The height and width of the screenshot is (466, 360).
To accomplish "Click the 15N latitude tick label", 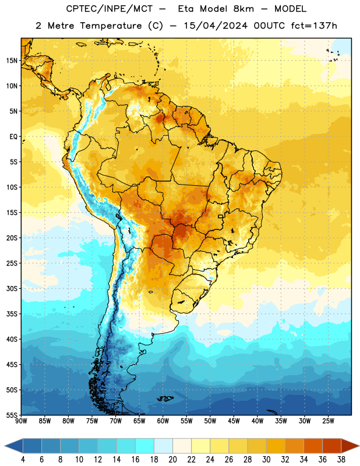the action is tap(12, 61).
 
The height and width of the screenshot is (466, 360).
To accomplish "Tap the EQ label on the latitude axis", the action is tap(13, 137).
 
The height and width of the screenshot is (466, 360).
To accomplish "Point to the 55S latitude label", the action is tap(12, 415).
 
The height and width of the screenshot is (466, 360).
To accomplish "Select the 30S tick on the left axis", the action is tap(12, 288).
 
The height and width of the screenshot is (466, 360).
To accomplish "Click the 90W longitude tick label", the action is tap(21, 421).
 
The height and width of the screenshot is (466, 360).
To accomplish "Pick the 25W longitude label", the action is tap(328, 421).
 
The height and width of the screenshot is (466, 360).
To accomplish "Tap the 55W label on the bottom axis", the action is tap(186, 421).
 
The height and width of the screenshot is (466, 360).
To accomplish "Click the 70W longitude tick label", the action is tap(116, 421).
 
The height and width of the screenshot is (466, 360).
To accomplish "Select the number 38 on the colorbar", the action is tap(341, 460).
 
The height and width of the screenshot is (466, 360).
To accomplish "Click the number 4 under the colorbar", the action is tap(23, 460).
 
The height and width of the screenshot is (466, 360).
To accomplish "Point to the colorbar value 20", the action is tap(172, 460).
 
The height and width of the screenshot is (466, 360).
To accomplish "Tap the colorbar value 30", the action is tap(266, 460).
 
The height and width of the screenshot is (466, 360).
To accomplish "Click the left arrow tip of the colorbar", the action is tap(5, 446).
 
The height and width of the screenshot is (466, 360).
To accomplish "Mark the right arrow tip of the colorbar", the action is tap(359, 446).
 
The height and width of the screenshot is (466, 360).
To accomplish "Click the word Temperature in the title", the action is tap(111, 26).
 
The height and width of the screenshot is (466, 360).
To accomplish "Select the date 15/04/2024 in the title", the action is tap(216, 26).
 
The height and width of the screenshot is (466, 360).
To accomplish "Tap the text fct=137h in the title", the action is tap(314, 26).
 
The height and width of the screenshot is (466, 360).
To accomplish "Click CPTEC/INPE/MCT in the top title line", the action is tap(109, 9).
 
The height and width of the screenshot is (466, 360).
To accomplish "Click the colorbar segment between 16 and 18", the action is tap(144, 446).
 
